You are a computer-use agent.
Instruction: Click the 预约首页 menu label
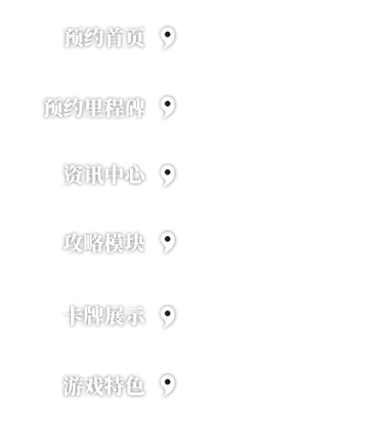point(104,38)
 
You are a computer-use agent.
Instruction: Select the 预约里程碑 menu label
point(94,108)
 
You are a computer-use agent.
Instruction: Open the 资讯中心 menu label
point(104,175)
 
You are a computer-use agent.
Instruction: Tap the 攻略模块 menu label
point(103,243)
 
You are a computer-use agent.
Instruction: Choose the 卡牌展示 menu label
point(103,316)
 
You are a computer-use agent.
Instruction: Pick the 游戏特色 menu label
point(103,386)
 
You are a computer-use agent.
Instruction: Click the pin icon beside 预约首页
point(168,38)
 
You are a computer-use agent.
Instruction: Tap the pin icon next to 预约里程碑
point(168,107)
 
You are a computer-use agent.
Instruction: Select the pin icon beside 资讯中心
point(168,175)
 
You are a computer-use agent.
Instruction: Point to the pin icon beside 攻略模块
point(168,242)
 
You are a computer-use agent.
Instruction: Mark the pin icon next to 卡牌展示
point(168,317)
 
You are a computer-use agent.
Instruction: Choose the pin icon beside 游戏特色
point(168,385)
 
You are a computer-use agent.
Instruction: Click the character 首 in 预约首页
point(115,38)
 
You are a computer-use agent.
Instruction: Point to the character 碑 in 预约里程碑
point(135,108)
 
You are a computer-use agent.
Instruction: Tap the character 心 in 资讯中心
point(135,175)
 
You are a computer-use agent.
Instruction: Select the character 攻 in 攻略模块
point(73,243)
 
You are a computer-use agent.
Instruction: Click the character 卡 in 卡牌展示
point(73,316)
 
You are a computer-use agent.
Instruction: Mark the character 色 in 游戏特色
point(134,386)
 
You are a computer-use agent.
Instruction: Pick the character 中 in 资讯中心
point(115,175)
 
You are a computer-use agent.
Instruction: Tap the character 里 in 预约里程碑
point(94,108)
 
